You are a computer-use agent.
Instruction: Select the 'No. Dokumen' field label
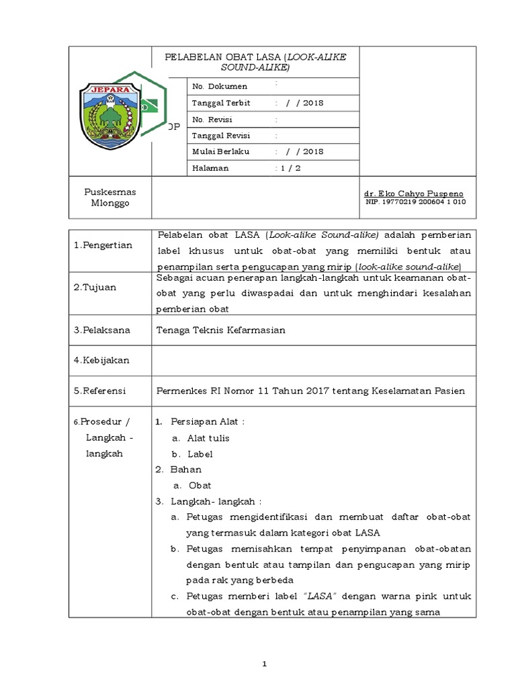tap(220, 86)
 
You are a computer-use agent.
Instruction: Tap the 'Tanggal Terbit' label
tap(221, 103)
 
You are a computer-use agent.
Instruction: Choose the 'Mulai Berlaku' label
tap(220, 151)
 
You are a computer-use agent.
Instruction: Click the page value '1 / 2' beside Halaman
tap(289, 168)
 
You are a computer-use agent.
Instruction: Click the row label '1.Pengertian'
tap(103, 245)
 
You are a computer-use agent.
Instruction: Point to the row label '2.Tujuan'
tap(95, 287)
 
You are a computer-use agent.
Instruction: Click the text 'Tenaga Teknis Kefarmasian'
tap(220, 330)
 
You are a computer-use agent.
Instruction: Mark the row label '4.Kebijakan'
tap(101, 360)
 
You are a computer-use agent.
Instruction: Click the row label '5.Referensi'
tap(101, 390)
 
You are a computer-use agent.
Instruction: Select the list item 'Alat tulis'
tap(208, 437)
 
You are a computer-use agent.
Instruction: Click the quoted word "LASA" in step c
tap(321, 596)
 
